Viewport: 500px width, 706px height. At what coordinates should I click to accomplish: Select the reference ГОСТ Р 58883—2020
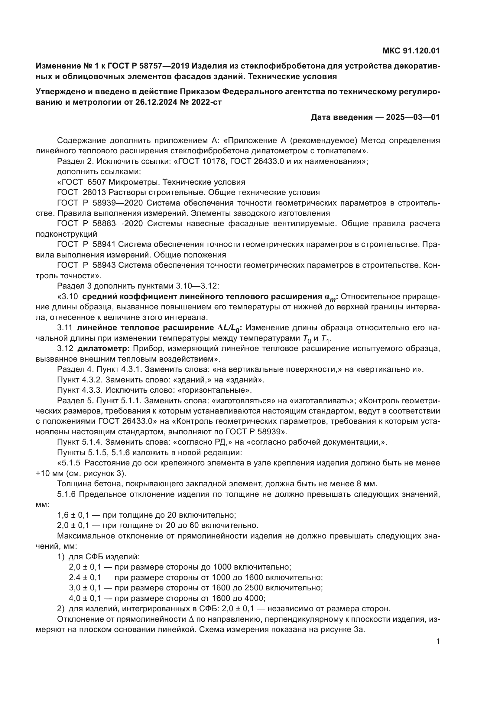tap(100, 224)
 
